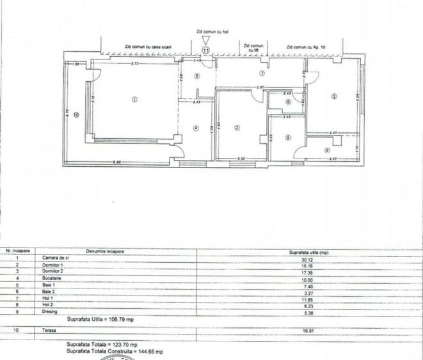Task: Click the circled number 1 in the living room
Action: click(134, 99)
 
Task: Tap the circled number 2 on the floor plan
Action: click(237, 128)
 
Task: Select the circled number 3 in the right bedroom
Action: click(334, 97)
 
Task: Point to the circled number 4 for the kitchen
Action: click(196, 128)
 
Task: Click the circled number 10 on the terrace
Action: click(76, 115)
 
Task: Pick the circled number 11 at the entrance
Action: click(205, 49)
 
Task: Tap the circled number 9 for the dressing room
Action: click(327, 150)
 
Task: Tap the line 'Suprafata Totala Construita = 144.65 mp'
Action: click(115, 352)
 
